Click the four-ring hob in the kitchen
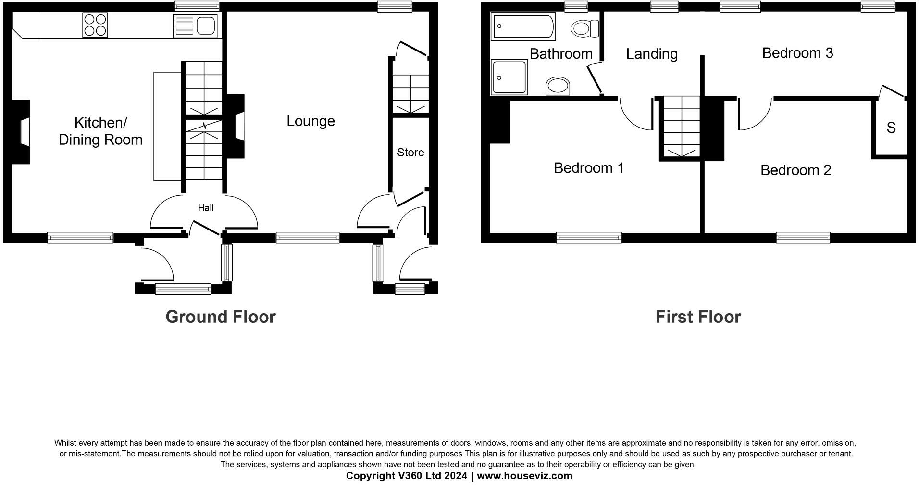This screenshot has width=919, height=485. click(x=95, y=25)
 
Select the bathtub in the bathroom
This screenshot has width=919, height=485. click(x=522, y=27)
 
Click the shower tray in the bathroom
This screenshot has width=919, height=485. click(x=509, y=77)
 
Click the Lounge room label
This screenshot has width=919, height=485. click(x=310, y=121)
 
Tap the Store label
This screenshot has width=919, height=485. click(x=410, y=153)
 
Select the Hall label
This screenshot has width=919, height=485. click(x=206, y=208)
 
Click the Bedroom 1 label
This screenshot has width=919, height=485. click(x=588, y=168)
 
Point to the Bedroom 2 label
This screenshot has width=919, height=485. click(x=795, y=170)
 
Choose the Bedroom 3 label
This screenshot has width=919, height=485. click(x=797, y=53)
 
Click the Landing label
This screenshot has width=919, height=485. click(x=652, y=54)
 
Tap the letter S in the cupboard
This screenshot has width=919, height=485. click(x=891, y=128)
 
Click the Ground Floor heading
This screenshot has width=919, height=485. click(x=221, y=317)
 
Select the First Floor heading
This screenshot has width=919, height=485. click(x=698, y=317)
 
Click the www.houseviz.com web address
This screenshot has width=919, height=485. click(x=524, y=476)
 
